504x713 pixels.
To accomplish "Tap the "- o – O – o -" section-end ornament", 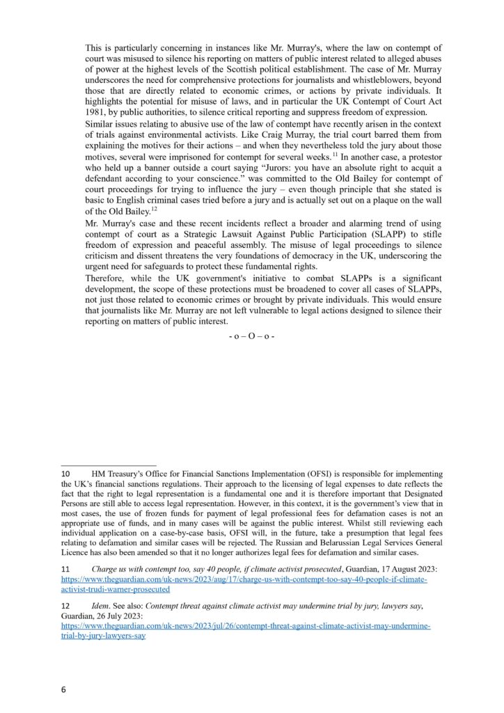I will click(251, 336).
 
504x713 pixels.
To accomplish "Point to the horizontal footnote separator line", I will click(109, 465).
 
